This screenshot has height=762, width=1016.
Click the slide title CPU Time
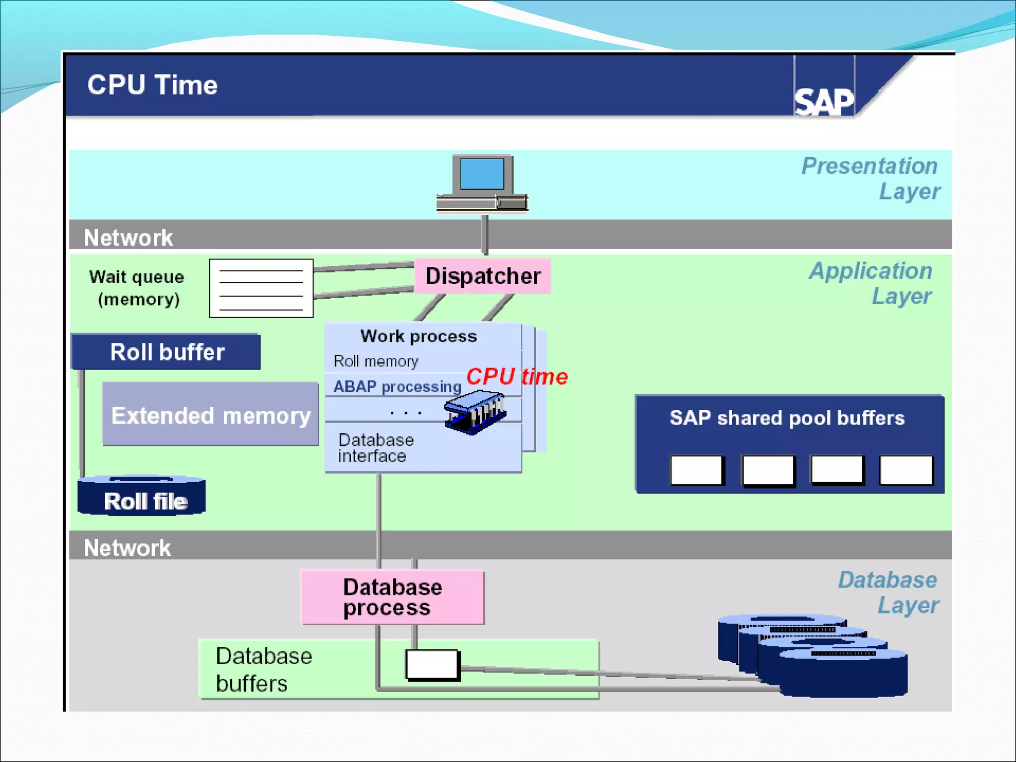[x=153, y=85]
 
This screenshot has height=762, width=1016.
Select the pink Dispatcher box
[x=483, y=276]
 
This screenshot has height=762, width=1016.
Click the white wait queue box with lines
[x=261, y=288]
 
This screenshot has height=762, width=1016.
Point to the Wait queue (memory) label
[x=137, y=288]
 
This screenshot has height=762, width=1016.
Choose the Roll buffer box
[x=167, y=352]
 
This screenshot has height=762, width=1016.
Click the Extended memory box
[x=210, y=415]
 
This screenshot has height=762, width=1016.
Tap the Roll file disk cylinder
[x=142, y=497]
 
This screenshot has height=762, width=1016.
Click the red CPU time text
[x=517, y=377]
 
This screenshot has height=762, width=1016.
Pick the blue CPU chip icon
[x=475, y=412]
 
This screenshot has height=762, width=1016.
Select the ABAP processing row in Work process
[x=397, y=386]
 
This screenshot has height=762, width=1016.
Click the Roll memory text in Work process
[x=376, y=361]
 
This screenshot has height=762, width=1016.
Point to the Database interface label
[x=376, y=447]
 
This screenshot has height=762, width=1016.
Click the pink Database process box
[x=392, y=597]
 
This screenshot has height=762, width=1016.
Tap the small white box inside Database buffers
[x=432, y=665]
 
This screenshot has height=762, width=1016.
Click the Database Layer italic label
[x=889, y=592]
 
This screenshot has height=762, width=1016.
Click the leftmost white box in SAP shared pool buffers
[x=696, y=470]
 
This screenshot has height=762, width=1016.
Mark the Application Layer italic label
[x=872, y=283]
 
